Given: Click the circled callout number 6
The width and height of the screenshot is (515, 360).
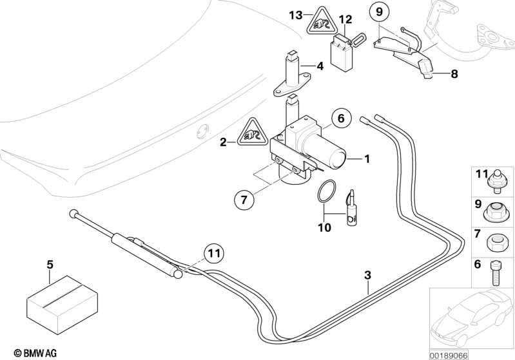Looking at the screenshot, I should pos(342,118).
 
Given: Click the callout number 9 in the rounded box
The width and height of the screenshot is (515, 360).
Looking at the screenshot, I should pos(379,12).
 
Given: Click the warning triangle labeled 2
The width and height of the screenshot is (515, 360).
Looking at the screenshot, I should pos(250,136).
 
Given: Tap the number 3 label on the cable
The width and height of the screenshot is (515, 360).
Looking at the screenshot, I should pos(368,275).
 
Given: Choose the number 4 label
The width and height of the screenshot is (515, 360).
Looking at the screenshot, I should pos(319,66).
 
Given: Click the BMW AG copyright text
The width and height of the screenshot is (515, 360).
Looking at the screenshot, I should pos(23,352).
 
